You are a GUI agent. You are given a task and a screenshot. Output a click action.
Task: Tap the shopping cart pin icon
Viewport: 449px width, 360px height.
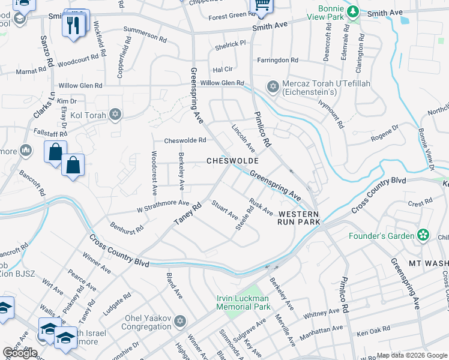coord(262,5)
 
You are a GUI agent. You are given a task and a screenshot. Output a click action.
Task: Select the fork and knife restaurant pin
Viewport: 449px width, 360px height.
coord(74,25)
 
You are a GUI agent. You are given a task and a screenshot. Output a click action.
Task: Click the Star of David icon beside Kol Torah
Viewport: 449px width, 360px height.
coord(115,115)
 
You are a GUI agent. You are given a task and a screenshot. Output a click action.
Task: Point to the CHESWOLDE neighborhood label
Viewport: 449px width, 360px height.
coord(232,161)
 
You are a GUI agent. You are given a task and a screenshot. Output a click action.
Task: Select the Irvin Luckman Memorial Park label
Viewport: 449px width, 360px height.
coord(243,302)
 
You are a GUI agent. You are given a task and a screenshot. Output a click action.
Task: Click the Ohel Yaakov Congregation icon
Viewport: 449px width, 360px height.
coord(178,323)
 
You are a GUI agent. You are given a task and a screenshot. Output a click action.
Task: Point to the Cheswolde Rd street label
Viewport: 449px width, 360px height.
coord(185,141)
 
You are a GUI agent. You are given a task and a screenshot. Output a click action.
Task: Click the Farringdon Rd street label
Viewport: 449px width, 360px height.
coord(277,60)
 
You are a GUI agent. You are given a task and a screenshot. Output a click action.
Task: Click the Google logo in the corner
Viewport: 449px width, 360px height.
coord(20,353)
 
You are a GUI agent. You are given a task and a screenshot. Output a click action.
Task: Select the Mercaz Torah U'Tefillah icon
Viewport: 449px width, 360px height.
coord(273,88)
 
